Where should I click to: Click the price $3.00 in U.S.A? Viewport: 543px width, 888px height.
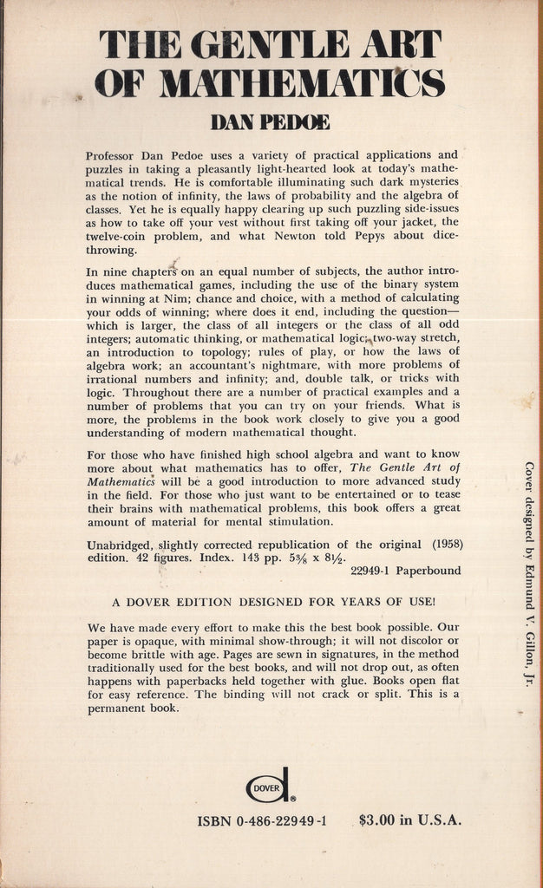click(410, 821)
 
